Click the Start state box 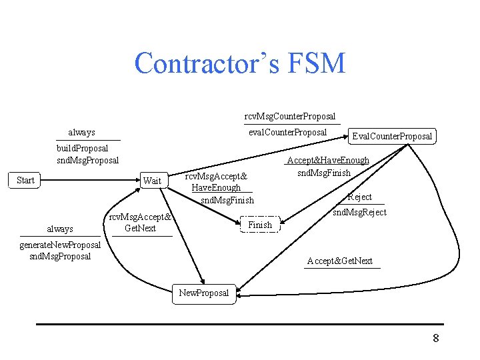[26, 180]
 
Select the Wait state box [153, 181]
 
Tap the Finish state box [260, 225]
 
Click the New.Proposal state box [204, 293]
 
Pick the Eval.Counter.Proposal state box [392, 136]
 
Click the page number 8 [436, 338]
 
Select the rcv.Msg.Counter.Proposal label [290, 116]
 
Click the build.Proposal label [83, 147]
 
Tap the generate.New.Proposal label [60, 245]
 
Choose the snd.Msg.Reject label [359, 212]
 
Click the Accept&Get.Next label [339, 261]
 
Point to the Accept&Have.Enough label [327, 160]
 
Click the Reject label [360, 197]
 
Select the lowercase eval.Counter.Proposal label [287, 132]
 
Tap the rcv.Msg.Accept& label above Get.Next [141, 217]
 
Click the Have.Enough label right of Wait [216, 187]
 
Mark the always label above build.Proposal [81, 132]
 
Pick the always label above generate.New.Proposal [60, 229]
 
